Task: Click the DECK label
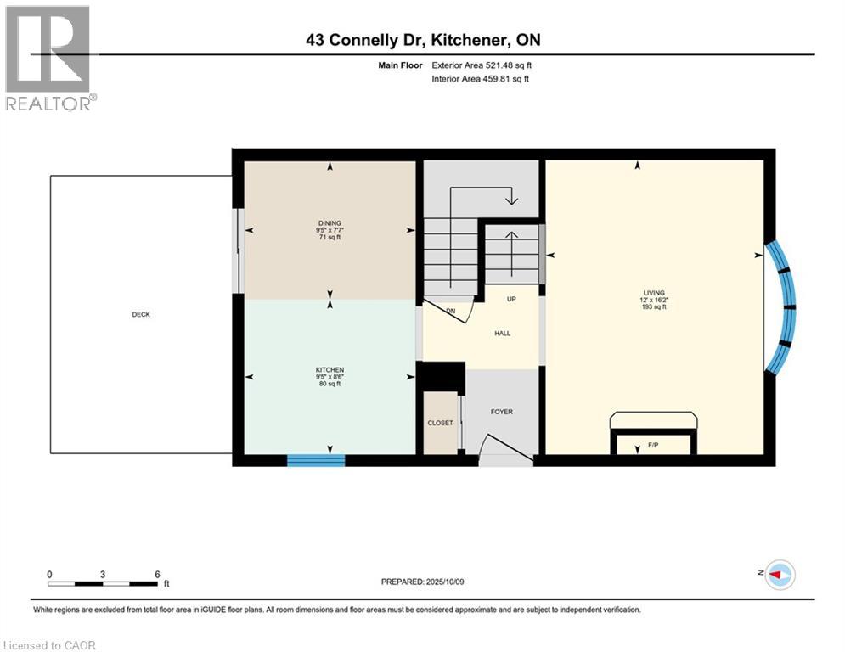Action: (141, 314)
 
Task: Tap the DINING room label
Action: (330, 226)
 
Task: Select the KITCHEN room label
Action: (330, 370)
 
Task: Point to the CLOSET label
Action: (440, 423)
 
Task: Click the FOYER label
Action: (501, 412)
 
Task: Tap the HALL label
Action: (502, 334)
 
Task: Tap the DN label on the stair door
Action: (451, 312)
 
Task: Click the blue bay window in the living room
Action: (783, 307)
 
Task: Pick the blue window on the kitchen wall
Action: (316, 460)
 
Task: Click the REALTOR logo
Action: (48, 57)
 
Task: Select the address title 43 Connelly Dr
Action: (422, 40)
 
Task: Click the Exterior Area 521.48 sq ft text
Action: (482, 65)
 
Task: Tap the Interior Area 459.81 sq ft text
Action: (480, 79)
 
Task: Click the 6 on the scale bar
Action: (157, 574)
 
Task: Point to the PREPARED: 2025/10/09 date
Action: (422, 582)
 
